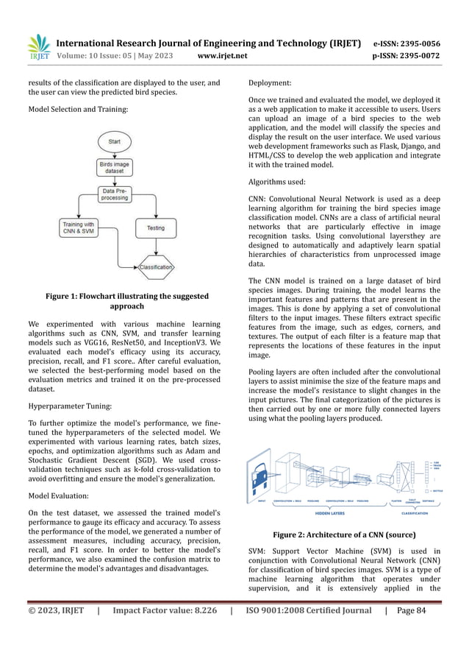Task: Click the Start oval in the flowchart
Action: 115,140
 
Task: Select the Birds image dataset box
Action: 115,168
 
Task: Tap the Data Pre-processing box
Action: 115,194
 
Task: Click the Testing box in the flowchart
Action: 156,227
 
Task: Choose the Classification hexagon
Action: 156,267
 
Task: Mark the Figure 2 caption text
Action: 344,534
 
